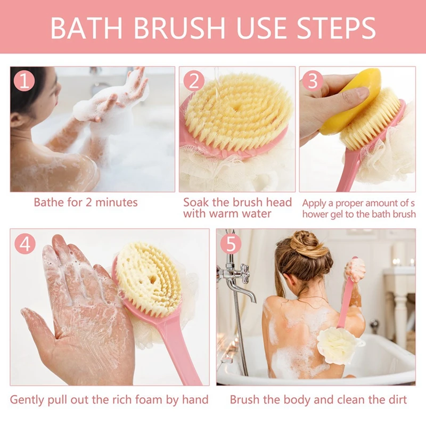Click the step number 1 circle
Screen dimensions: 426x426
click(x=24, y=81)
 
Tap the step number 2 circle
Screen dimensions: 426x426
click(x=194, y=81)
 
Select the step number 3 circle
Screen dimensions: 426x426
click(x=313, y=81)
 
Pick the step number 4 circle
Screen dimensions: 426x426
click(x=25, y=244)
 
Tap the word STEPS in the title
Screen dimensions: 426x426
click(x=336, y=28)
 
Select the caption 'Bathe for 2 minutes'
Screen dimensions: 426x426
click(x=86, y=202)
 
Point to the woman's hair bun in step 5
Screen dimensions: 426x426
click(x=306, y=242)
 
